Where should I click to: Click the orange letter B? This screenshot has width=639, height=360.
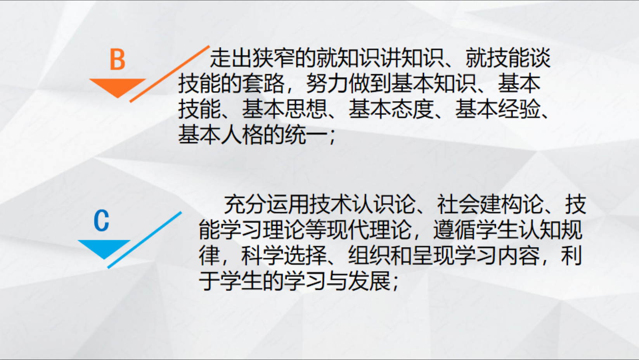click(x=118, y=59)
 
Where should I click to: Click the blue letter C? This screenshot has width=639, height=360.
click(x=102, y=220)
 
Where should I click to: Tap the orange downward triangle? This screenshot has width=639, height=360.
click(x=118, y=88)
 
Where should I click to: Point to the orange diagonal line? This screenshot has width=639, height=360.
click(x=170, y=74)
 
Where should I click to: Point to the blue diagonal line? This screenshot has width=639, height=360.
click(x=144, y=240)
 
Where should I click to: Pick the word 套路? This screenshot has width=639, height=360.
click(x=263, y=84)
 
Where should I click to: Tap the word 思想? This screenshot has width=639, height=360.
click(x=306, y=109)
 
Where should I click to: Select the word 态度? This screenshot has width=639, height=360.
click(x=412, y=109)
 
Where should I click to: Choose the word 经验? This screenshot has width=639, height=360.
click(x=519, y=109)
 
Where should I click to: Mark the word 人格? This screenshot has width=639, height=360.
click(x=242, y=134)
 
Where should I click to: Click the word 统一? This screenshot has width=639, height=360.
click(x=306, y=134)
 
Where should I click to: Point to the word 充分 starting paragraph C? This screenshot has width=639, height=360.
click(x=245, y=204)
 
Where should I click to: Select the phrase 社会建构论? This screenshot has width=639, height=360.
click(x=490, y=204)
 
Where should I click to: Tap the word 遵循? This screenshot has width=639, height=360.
click(x=455, y=230)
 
